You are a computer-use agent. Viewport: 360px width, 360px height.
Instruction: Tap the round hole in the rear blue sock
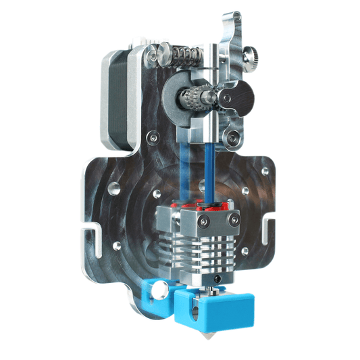[161, 292]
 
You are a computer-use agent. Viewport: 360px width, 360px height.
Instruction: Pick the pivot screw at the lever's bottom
[233, 138]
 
